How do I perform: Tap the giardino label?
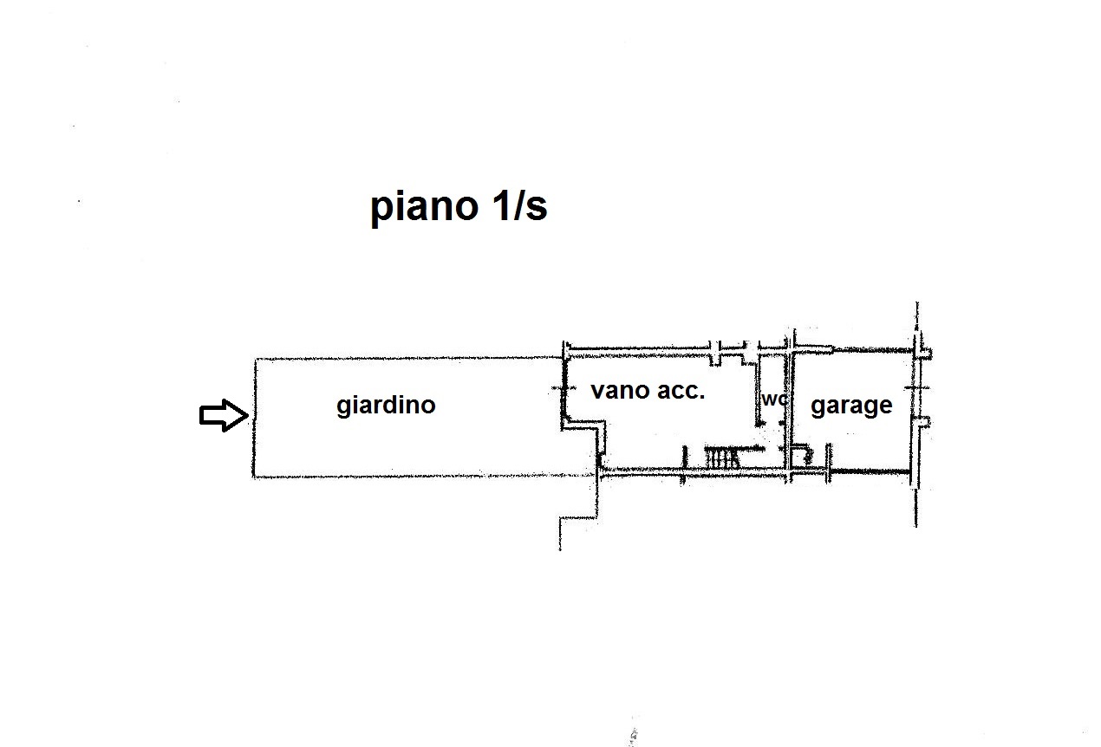click(386, 405)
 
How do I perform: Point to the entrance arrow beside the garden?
click(224, 416)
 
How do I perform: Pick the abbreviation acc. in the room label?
click(681, 391)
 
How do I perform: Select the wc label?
click(774, 399)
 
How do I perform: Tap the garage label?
click(851, 406)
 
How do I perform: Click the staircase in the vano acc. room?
click(721, 458)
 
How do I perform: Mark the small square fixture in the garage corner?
click(802, 455)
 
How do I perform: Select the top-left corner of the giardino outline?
click(255, 359)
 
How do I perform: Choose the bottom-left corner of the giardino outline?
click(254, 477)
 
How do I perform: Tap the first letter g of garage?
click(818, 407)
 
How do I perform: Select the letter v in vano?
click(597, 391)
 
